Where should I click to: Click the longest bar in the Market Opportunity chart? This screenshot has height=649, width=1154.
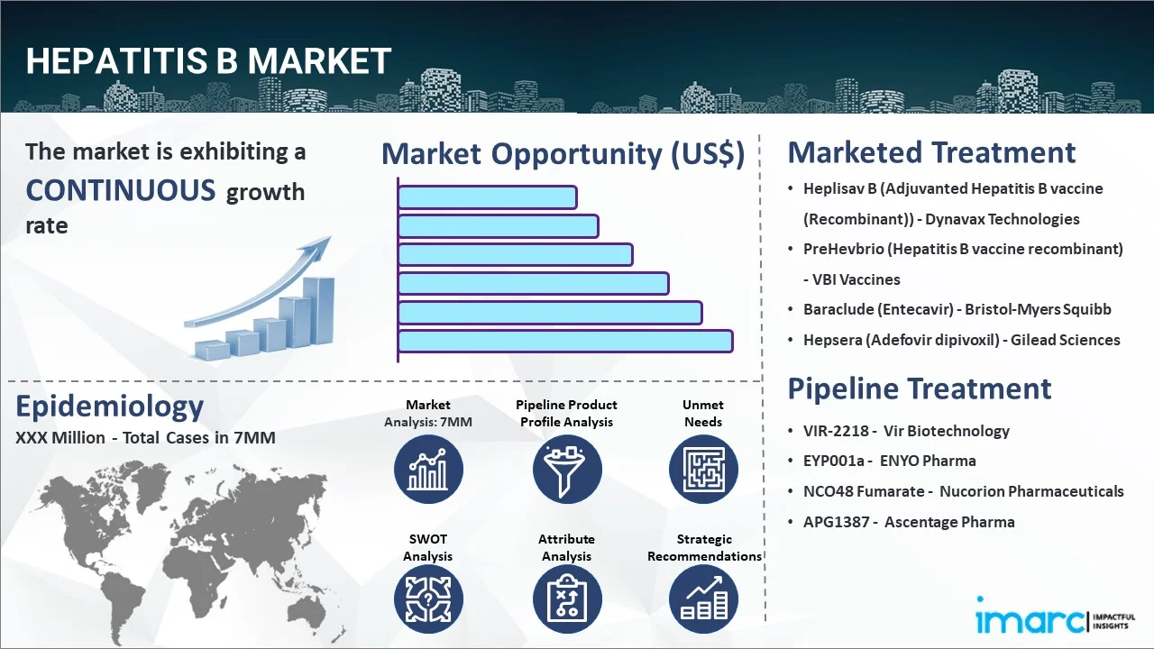pyautogui.click(x=565, y=341)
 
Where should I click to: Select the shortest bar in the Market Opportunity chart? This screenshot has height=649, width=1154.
pyautogui.click(x=488, y=197)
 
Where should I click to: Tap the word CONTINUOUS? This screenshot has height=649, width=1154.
pyautogui.click(x=121, y=190)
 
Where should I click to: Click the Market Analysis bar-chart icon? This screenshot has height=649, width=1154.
pyautogui.click(x=428, y=469)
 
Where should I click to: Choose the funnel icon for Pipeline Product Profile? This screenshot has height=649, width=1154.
pyautogui.click(x=567, y=469)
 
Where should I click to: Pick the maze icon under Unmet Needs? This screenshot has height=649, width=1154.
pyautogui.click(x=703, y=469)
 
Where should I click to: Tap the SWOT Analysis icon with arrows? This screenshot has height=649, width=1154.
pyautogui.click(x=428, y=599)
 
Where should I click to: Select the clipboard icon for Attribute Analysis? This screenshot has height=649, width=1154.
pyautogui.click(x=567, y=599)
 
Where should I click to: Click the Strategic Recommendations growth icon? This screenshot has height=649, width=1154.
pyautogui.click(x=703, y=599)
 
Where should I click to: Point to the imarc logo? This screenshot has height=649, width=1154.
pyautogui.click(x=1055, y=616)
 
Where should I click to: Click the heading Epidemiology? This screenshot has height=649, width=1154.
pyautogui.click(x=110, y=407)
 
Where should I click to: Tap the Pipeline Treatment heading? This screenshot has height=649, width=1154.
pyautogui.click(x=919, y=388)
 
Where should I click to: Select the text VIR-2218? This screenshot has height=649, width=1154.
pyautogui.click(x=836, y=431)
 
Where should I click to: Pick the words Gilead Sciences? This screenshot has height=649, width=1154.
pyautogui.click(x=1065, y=340)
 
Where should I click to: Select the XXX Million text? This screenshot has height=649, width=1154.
pyautogui.click(x=60, y=438)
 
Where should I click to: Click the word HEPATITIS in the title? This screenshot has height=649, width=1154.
pyautogui.click(x=116, y=60)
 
